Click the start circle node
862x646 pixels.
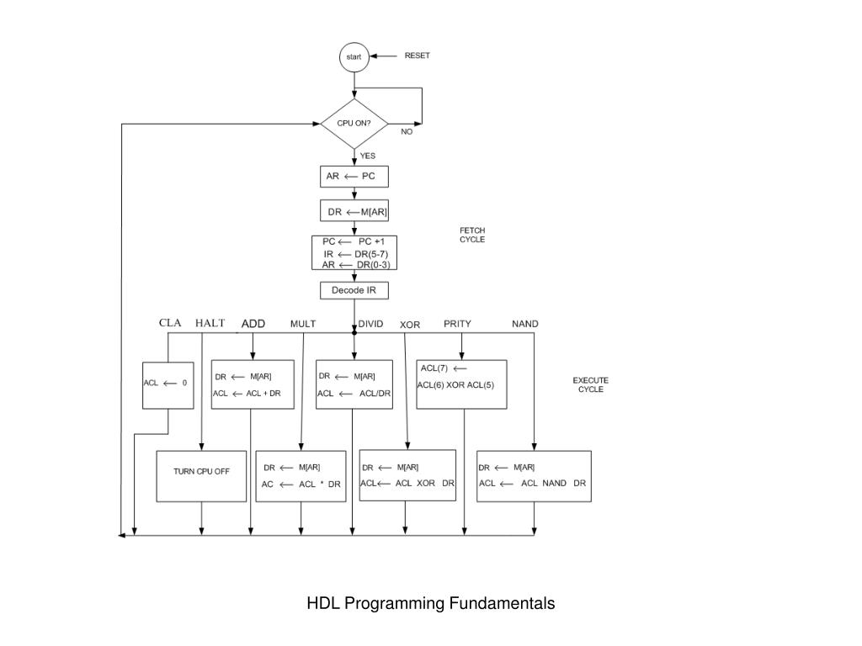(x=354, y=57)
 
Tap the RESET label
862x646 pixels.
(x=417, y=56)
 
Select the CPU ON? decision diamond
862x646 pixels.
(x=354, y=124)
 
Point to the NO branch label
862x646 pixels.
(x=407, y=132)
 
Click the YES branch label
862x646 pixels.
(x=368, y=156)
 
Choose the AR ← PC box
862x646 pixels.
(x=354, y=177)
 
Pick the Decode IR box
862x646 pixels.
(x=354, y=290)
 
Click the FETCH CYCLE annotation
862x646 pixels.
(x=471, y=235)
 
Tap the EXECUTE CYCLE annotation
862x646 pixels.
(x=590, y=384)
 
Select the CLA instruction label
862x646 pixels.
(x=170, y=323)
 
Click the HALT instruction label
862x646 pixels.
(x=210, y=323)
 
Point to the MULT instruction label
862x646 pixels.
(x=303, y=324)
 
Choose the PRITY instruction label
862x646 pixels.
(x=457, y=324)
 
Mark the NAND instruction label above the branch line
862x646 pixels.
(x=525, y=324)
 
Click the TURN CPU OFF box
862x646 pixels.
(x=201, y=475)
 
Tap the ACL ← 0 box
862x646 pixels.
(x=168, y=384)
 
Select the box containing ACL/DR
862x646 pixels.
(x=354, y=384)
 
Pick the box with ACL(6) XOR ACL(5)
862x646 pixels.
(x=461, y=384)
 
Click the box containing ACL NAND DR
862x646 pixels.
(x=534, y=475)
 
